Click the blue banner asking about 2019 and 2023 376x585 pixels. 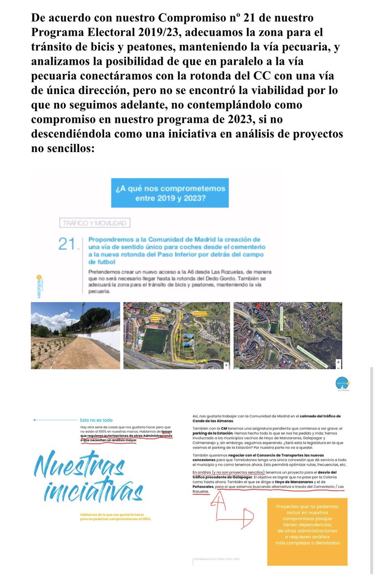pos(169,193)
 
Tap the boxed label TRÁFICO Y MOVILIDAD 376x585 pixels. pos(95,223)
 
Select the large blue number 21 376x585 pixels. pos(68,244)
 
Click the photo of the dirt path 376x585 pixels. pos(75,335)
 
